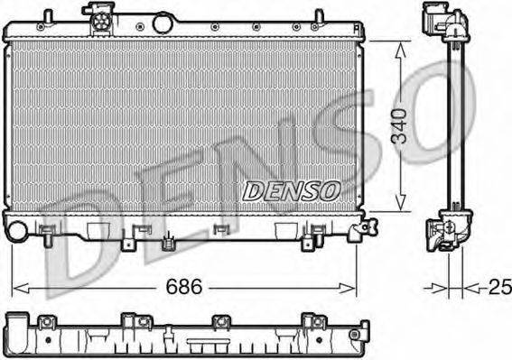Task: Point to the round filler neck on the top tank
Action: [163, 22]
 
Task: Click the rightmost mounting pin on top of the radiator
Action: [318, 16]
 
